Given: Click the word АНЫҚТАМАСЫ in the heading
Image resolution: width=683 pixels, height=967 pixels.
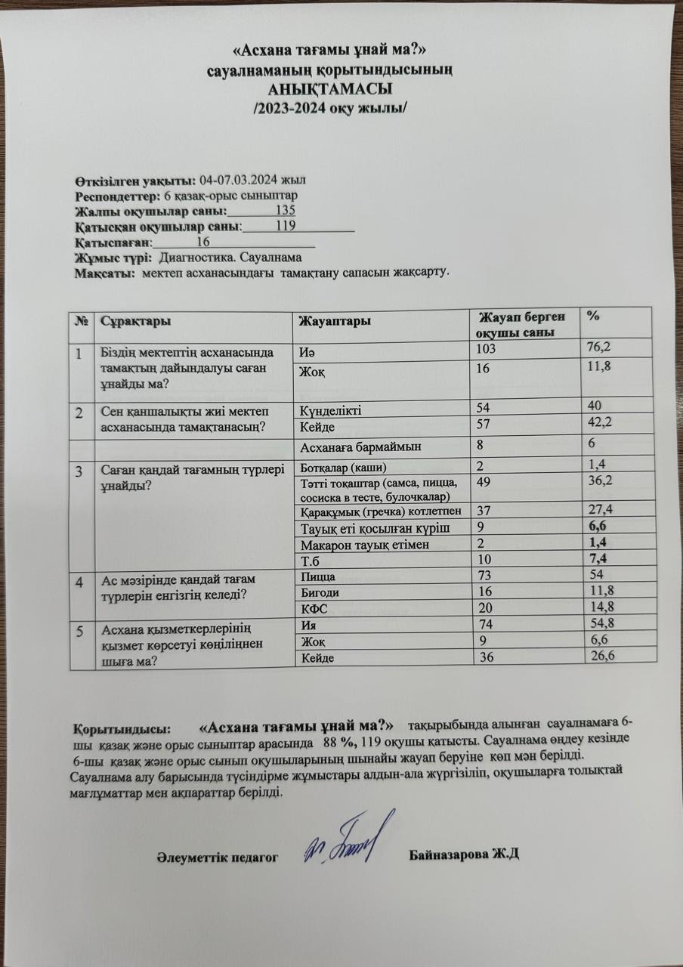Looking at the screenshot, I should click(x=331, y=87).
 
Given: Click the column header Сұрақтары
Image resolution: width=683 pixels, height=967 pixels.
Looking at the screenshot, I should click(x=134, y=320).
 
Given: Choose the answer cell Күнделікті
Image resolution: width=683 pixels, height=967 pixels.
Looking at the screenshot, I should click(x=331, y=411).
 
